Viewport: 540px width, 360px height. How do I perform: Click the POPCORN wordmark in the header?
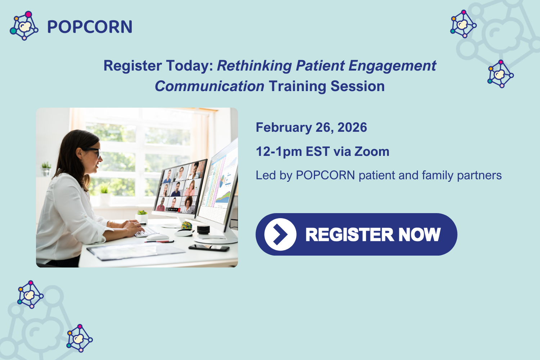coord(90,27)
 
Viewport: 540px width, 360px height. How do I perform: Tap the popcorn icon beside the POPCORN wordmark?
coord(24,26)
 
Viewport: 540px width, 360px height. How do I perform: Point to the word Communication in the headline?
coord(210,86)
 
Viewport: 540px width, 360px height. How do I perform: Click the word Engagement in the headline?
coord(392,66)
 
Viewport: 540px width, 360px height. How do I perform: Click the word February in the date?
coord(284,127)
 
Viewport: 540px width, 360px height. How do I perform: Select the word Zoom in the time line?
coord(372,152)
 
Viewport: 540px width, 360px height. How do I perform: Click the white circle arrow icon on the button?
coord(280,234)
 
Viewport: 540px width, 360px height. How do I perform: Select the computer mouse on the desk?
coord(157,237)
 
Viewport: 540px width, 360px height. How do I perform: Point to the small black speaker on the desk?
coord(203,229)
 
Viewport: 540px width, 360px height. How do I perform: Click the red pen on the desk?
coord(160,242)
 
